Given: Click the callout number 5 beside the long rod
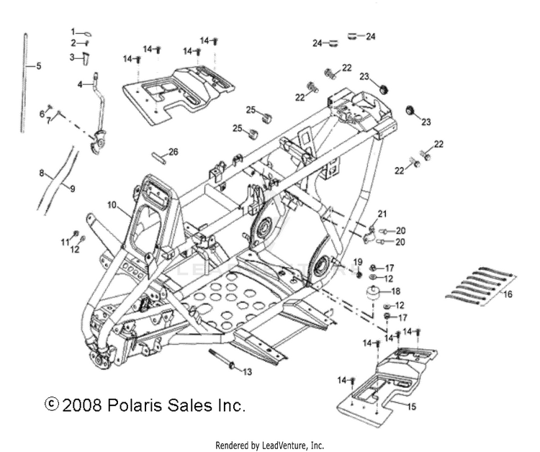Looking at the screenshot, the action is pos(39,65).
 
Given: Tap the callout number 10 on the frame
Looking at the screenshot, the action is pos(112,205).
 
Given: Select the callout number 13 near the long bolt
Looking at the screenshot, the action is pos(247,372).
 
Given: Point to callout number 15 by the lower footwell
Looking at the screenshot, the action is pos(411,407).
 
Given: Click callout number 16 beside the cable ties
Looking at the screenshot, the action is pos(508,294).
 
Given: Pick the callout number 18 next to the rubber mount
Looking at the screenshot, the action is pos(396,291).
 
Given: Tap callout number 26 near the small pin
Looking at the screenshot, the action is pos(174,151).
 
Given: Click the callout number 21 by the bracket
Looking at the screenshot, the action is pos(382,214).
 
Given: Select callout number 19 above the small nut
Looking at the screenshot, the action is pos(358,262).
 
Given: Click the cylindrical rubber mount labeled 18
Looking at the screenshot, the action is pos(373,294).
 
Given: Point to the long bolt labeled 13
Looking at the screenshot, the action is pos(222,359).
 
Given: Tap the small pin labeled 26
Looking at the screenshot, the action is pos(159,158).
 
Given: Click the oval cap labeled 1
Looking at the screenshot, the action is pos(88,34).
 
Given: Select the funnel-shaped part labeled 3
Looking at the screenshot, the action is pos(86,58).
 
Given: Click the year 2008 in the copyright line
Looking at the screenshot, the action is pos(82,405).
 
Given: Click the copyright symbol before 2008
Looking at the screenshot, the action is pos(52,404).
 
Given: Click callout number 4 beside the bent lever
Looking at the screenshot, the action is pos(80,84).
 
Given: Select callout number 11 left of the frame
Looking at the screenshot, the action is pos(66,243).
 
